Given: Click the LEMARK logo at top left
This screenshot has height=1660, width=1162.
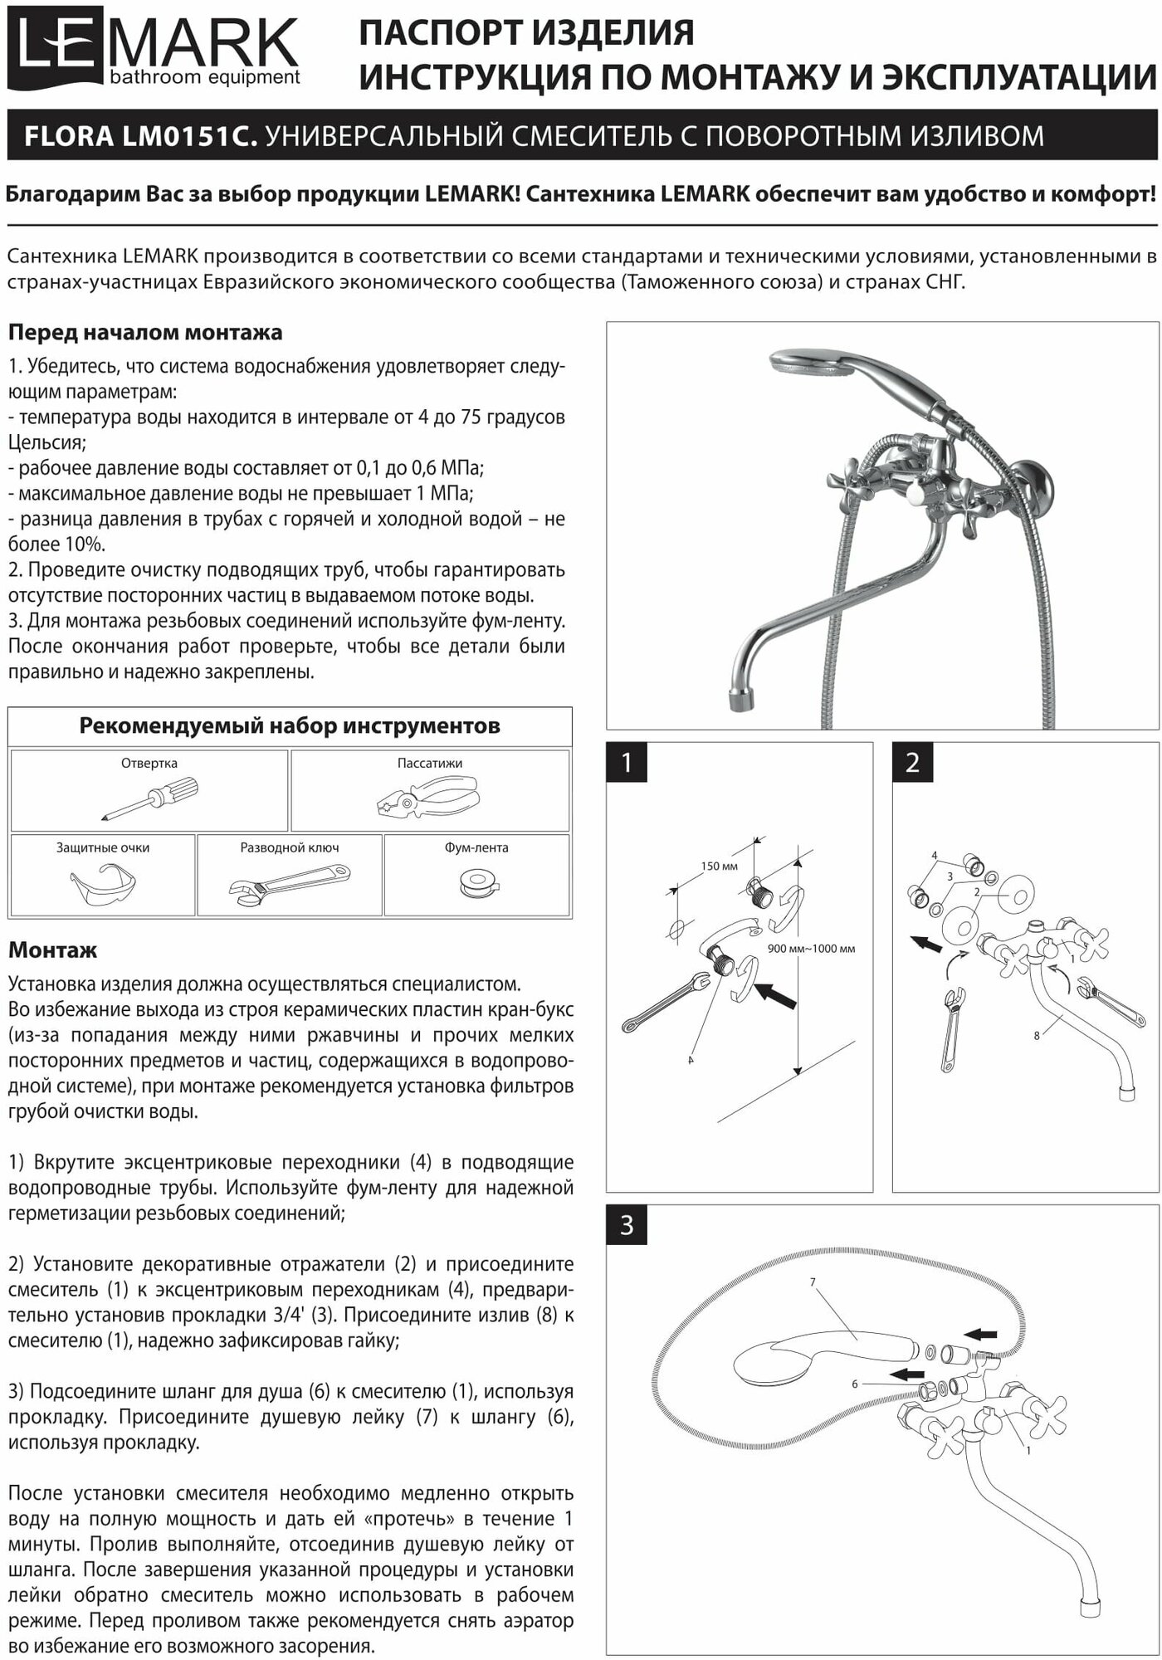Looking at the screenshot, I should click(x=158, y=46).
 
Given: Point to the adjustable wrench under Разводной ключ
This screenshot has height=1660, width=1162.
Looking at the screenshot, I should click(x=289, y=885).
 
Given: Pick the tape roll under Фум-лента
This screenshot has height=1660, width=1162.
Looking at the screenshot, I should click(x=476, y=883).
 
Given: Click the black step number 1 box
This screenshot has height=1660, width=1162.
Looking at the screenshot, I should click(x=627, y=762).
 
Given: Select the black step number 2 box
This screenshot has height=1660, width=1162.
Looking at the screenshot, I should click(x=912, y=762).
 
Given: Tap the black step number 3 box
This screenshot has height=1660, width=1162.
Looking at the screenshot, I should click(x=627, y=1224).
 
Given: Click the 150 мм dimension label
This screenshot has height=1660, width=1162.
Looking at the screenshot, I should click(x=719, y=867).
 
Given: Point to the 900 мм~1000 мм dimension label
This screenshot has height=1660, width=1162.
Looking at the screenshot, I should click(x=811, y=948).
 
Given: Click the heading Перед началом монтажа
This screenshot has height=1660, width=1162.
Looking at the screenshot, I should click(x=145, y=333).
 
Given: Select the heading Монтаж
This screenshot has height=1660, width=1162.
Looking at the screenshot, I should click(x=52, y=950).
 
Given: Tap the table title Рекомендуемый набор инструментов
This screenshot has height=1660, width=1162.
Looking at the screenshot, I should click(x=290, y=726).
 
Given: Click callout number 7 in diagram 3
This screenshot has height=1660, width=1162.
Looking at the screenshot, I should click(x=813, y=1282).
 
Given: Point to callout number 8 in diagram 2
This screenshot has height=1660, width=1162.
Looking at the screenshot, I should click(x=1037, y=1035).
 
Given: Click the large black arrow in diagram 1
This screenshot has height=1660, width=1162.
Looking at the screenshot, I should click(x=777, y=997).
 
